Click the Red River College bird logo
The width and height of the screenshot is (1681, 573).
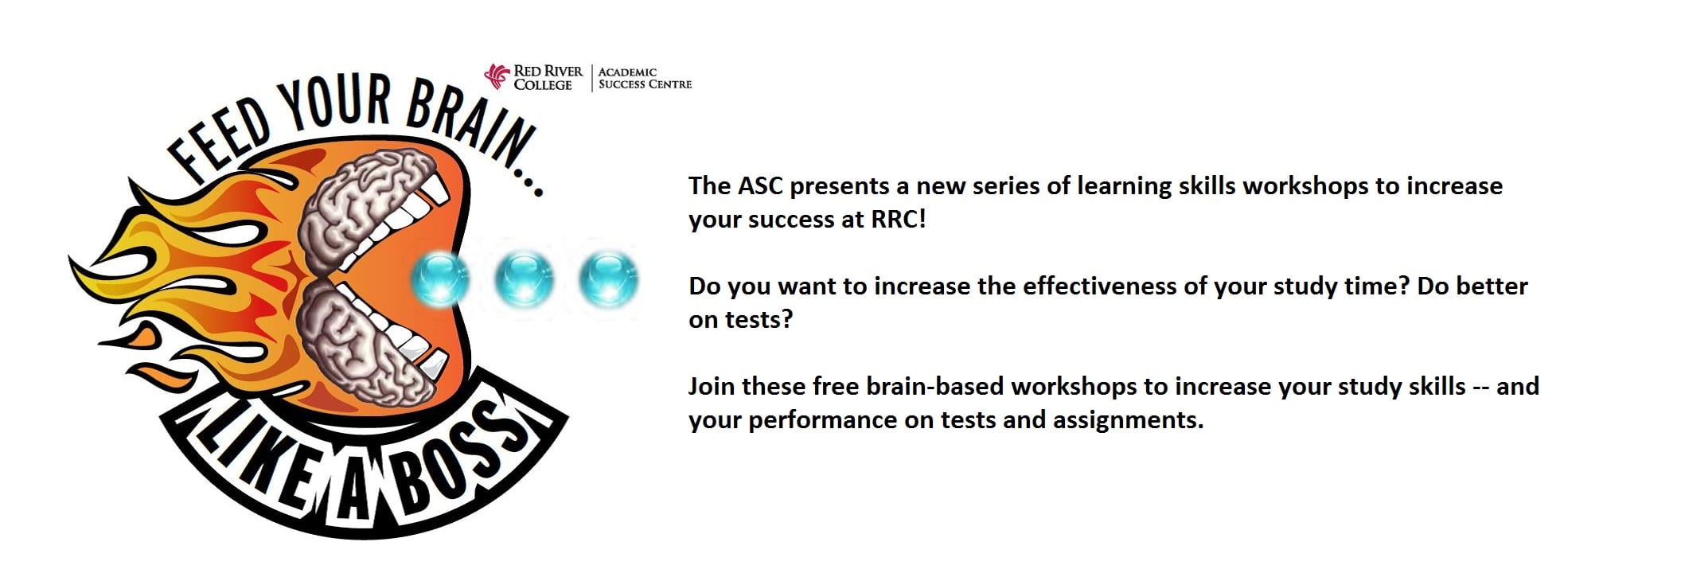[x=497, y=76]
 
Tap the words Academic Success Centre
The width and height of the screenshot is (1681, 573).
[x=645, y=78]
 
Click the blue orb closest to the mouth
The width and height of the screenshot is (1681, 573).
[x=440, y=279]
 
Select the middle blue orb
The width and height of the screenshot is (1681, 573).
[x=524, y=279]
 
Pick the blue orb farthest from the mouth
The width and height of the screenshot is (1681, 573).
[x=608, y=279]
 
